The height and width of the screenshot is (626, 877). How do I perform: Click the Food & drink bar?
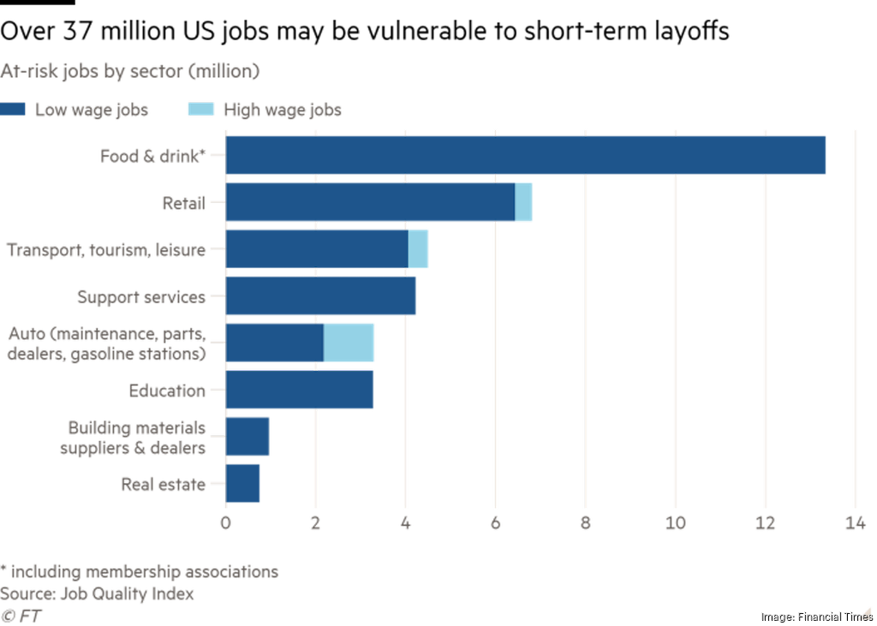(x=526, y=155)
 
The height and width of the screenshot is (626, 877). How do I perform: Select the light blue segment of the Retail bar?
(x=523, y=202)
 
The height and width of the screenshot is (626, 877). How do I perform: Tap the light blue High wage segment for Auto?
(x=349, y=343)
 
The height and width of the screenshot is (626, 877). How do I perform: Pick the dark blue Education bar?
(x=300, y=390)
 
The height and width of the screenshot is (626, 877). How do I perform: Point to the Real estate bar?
(x=243, y=484)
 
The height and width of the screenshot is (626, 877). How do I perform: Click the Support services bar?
(x=321, y=296)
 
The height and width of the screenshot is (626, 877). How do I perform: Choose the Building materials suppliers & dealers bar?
(x=248, y=437)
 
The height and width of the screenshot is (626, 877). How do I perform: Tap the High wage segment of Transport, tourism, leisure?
(x=418, y=249)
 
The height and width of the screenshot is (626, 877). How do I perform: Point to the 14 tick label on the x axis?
(x=855, y=524)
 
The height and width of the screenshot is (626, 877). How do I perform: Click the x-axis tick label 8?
(x=585, y=524)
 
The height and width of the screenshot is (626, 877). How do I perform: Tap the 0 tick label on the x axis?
(x=225, y=524)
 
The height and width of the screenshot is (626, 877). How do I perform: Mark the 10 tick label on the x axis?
(x=675, y=524)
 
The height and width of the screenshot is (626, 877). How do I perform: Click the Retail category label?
(x=184, y=203)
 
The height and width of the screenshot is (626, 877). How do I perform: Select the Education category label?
(x=167, y=391)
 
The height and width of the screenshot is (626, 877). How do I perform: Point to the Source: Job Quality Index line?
(x=97, y=593)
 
